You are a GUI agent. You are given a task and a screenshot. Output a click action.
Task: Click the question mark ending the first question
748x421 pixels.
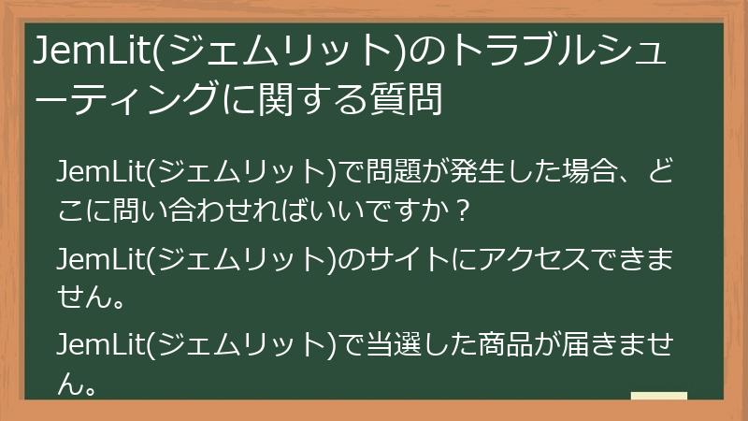(x=458, y=210)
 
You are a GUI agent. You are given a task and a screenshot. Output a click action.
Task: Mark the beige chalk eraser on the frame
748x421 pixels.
(x=659, y=395)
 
